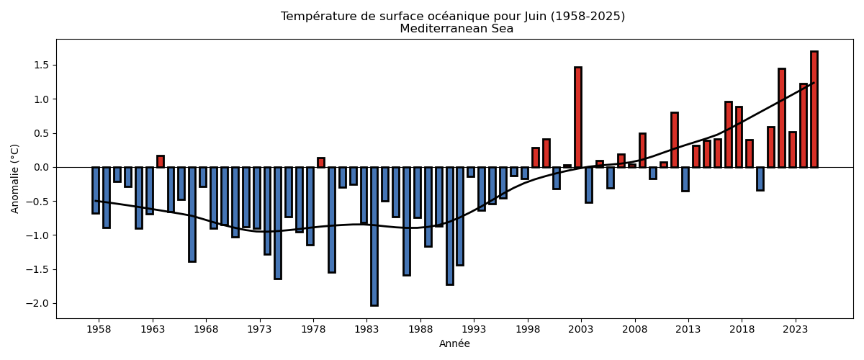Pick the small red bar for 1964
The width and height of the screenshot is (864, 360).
(160, 161)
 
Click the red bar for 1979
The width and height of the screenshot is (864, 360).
(321, 163)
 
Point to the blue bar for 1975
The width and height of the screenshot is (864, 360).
(278, 222)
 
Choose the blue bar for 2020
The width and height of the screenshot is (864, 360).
(760, 179)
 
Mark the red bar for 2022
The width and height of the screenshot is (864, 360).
(782, 118)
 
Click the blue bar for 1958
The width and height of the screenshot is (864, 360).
(96, 190)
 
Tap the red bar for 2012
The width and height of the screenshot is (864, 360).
(675, 140)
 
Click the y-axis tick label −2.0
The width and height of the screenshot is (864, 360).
(37, 303)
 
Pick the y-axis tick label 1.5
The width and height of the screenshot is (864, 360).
(40, 65)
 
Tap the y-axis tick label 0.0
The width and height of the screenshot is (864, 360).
(40, 167)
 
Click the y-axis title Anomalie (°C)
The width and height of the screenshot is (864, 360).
(15, 179)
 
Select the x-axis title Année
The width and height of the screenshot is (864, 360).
(454, 344)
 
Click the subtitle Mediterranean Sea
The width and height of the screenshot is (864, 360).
(456, 29)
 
